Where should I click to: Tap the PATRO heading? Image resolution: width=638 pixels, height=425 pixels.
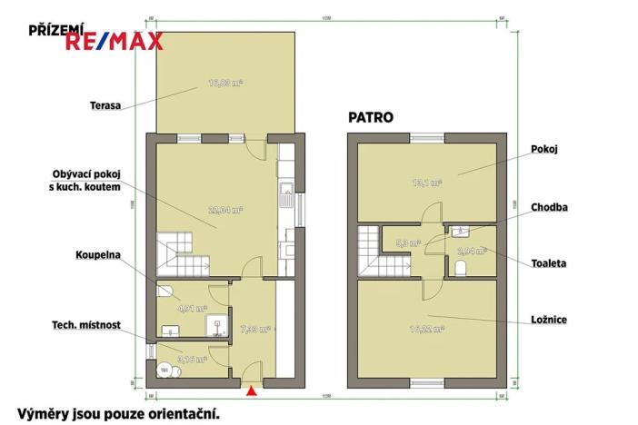click(x=371, y=116)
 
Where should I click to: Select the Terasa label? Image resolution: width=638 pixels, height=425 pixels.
click(x=105, y=105)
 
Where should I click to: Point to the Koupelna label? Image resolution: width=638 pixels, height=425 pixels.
click(x=99, y=256)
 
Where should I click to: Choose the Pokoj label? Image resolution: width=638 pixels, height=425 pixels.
click(x=543, y=147)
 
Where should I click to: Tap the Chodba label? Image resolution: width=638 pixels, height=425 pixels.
click(x=550, y=207)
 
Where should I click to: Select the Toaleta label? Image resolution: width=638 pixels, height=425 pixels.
click(x=549, y=263)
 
